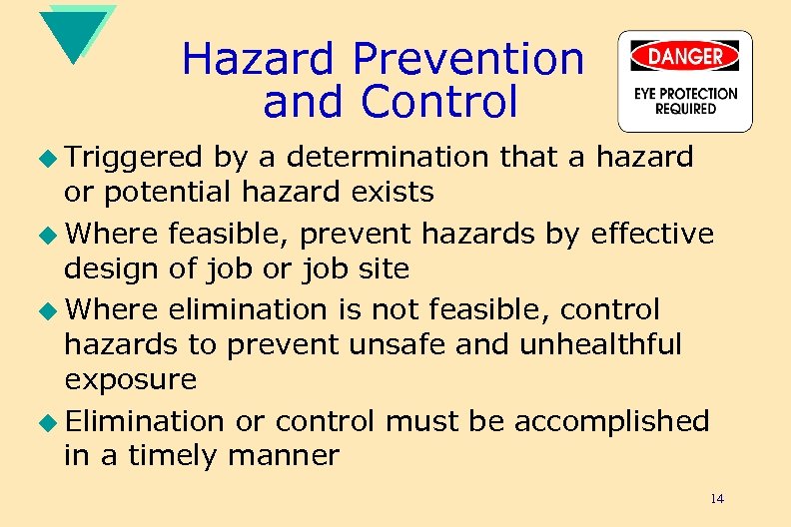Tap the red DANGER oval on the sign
[x=685, y=56]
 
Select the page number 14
[x=717, y=498]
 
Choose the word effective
[x=653, y=234]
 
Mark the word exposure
[x=131, y=380]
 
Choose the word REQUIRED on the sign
[x=685, y=109]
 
